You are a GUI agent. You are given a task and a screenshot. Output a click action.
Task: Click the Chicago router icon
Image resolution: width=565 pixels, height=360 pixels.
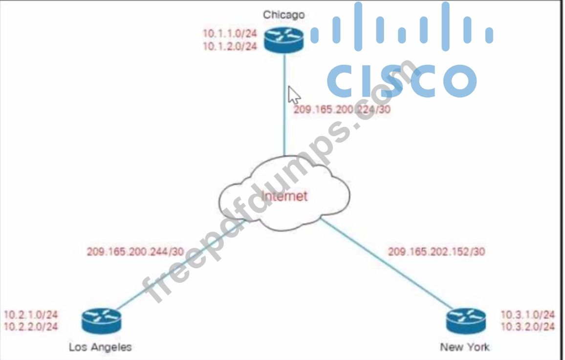coord(283,39)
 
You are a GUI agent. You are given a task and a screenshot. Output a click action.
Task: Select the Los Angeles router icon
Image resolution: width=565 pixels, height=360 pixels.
coord(101,320)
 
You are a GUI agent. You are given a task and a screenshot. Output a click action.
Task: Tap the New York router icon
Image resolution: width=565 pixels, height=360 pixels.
coord(466,320)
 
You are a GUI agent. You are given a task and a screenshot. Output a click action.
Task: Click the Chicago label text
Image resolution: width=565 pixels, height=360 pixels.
coord(283,15)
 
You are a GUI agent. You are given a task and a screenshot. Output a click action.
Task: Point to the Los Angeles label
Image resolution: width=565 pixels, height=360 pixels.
coord(100,347)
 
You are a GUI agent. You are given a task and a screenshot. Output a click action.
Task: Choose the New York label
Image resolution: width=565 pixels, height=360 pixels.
coord(464,347)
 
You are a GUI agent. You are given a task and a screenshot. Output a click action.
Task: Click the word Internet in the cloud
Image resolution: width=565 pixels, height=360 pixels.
coord(284,196)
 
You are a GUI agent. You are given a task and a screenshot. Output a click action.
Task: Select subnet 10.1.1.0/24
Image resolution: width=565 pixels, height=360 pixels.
coord(230,34)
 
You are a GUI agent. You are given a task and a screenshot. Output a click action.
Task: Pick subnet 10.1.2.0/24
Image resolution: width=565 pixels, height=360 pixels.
coord(230,46)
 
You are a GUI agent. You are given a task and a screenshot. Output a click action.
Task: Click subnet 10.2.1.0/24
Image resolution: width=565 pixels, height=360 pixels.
coord(31,315)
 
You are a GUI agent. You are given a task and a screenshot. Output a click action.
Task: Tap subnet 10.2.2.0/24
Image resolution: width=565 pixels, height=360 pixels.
coord(31,327)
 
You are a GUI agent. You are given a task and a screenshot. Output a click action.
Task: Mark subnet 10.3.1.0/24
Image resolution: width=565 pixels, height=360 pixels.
coord(528,315)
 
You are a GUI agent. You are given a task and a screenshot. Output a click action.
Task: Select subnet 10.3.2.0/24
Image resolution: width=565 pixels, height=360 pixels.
coord(528,327)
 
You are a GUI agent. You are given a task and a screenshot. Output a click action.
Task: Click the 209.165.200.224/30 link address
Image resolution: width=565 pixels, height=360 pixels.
coord(342,109)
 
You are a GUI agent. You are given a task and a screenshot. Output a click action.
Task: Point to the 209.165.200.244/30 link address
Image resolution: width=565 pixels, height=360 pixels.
coord(135,252)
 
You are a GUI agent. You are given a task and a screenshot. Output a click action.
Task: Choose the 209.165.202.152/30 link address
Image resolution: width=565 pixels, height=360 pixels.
coord(436,252)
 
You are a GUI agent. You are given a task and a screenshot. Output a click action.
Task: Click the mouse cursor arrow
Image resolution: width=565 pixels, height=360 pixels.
coord(293,94)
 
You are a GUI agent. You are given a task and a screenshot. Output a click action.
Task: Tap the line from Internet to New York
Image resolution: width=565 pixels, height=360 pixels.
coord(386,264)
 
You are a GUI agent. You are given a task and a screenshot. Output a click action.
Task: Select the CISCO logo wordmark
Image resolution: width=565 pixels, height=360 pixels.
coord(402,81)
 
